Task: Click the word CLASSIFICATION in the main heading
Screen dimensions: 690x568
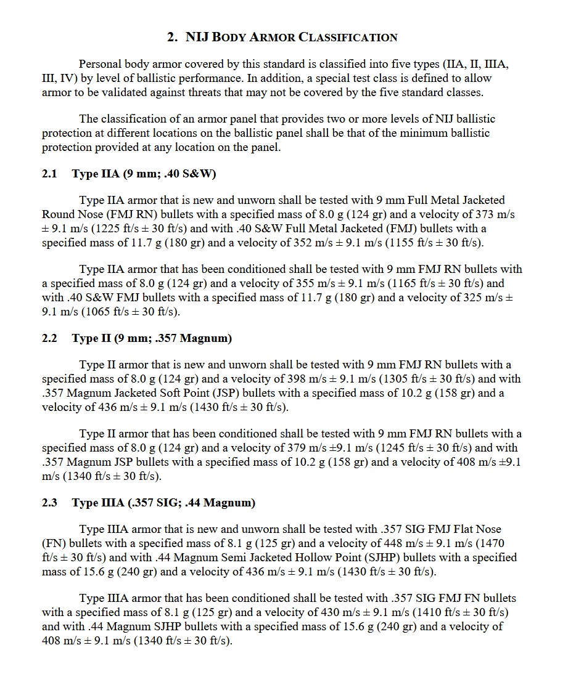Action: point(348,38)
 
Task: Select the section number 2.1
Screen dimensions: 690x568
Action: point(49,174)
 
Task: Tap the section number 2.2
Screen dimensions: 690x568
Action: point(49,338)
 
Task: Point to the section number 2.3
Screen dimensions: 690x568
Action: point(49,503)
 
